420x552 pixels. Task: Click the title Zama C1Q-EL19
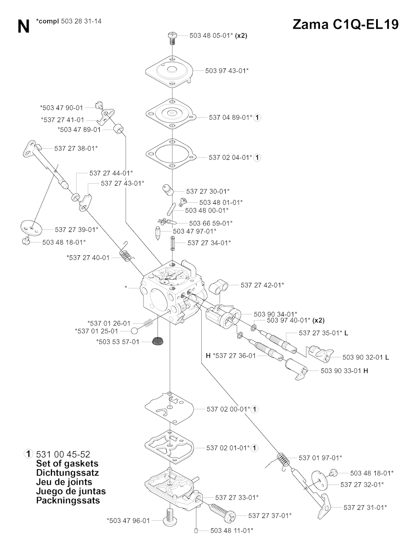click(345, 24)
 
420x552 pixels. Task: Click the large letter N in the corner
click(23, 27)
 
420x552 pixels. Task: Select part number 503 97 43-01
click(226, 70)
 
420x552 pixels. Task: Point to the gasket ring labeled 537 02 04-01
click(171, 155)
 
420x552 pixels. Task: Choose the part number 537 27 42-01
click(262, 285)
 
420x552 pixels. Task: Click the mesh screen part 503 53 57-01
click(156, 341)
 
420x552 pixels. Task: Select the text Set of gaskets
click(67, 463)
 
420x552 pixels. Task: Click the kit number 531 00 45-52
click(63, 454)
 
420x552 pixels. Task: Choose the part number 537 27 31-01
click(365, 507)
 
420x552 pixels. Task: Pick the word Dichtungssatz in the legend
click(68, 472)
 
